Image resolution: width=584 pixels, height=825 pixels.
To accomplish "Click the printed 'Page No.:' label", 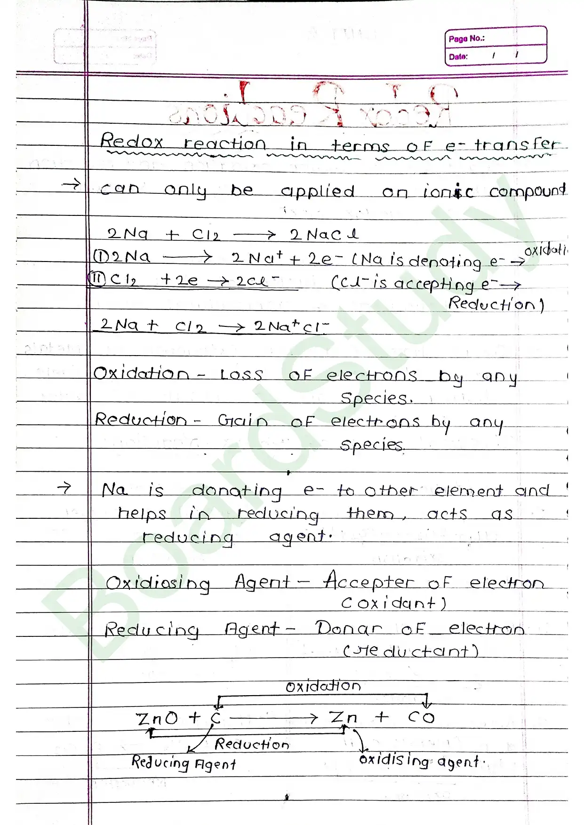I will tap(466, 39).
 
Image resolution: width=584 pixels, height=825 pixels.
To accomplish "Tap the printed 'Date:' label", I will tap(458, 56).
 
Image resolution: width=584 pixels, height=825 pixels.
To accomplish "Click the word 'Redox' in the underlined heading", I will tap(132, 141).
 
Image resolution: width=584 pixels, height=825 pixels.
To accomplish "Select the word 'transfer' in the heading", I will tap(516, 144).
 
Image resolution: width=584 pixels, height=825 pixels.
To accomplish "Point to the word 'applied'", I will tap(318, 191).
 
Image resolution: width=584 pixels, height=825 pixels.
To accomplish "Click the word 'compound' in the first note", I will tap(527, 190).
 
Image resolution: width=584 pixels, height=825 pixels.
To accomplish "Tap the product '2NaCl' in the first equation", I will tap(324, 234).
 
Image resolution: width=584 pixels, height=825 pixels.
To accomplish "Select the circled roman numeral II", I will tap(97, 279).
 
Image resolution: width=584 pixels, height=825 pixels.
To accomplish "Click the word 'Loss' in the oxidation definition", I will tap(241, 374).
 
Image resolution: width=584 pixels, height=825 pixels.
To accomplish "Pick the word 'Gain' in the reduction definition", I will tap(242, 420).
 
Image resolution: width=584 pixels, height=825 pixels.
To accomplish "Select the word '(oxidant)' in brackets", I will tap(393, 603).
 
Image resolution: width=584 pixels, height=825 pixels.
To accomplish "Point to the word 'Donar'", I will tap(348, 628).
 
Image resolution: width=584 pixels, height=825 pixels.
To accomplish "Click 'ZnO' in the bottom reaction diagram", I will tap(157, 718).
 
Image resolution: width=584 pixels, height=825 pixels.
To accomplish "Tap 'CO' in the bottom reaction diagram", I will tap(421, 717).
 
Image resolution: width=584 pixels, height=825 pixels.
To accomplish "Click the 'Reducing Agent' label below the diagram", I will tap(184, 762).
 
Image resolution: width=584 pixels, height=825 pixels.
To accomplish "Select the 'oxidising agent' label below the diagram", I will tap(420, 761).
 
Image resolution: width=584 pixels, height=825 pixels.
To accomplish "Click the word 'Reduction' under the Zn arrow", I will tap(252, 744).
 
